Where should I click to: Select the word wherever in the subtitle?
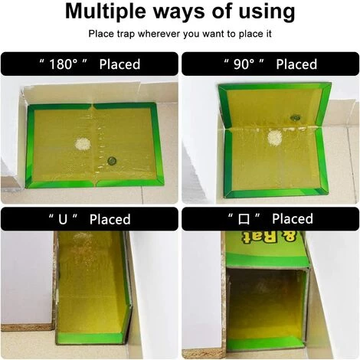pos(159,34)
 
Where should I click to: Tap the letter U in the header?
pos(63,219)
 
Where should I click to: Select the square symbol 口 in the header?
pos(244,219)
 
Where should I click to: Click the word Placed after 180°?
pos(119,64)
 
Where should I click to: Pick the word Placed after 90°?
pos(296,64)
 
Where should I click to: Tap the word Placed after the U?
pos(110,219)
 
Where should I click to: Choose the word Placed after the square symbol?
pos(293,218)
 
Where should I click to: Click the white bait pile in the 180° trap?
pos(83,144)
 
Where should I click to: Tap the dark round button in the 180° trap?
pos(112,161)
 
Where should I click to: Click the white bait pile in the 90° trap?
pos(275,138)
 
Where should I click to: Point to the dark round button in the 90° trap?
pos(295,118)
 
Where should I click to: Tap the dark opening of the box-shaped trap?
pos(266,304)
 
